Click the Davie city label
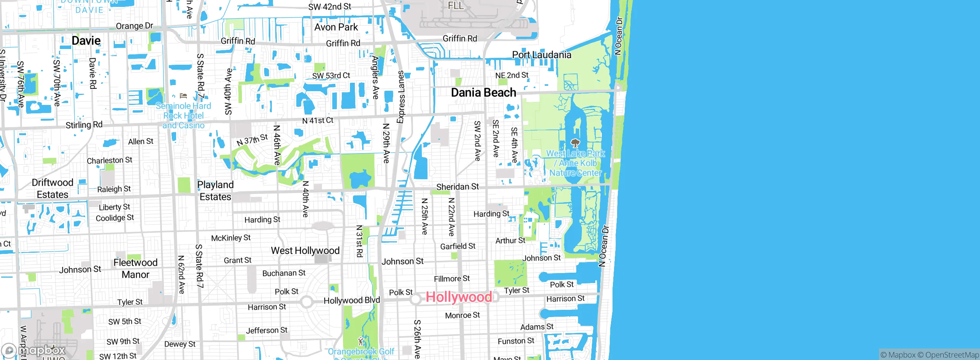point(86,41)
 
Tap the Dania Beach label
point(483,93)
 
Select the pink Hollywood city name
point(459,297)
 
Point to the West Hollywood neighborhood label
point(305,251)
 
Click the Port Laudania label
point(542,55)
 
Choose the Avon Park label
point(336,27)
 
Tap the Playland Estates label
point(215,191)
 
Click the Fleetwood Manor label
point(136,268)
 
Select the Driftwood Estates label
point(52,188)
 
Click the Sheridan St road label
point(457,187)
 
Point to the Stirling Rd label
point(84,125)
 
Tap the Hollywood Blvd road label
point(352,300)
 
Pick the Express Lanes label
point(401,97)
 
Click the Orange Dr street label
point(134,26)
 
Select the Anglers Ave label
point(376,77)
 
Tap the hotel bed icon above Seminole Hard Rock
point(183,96)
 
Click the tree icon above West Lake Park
point(575,143)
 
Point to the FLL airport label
point(456,6)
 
